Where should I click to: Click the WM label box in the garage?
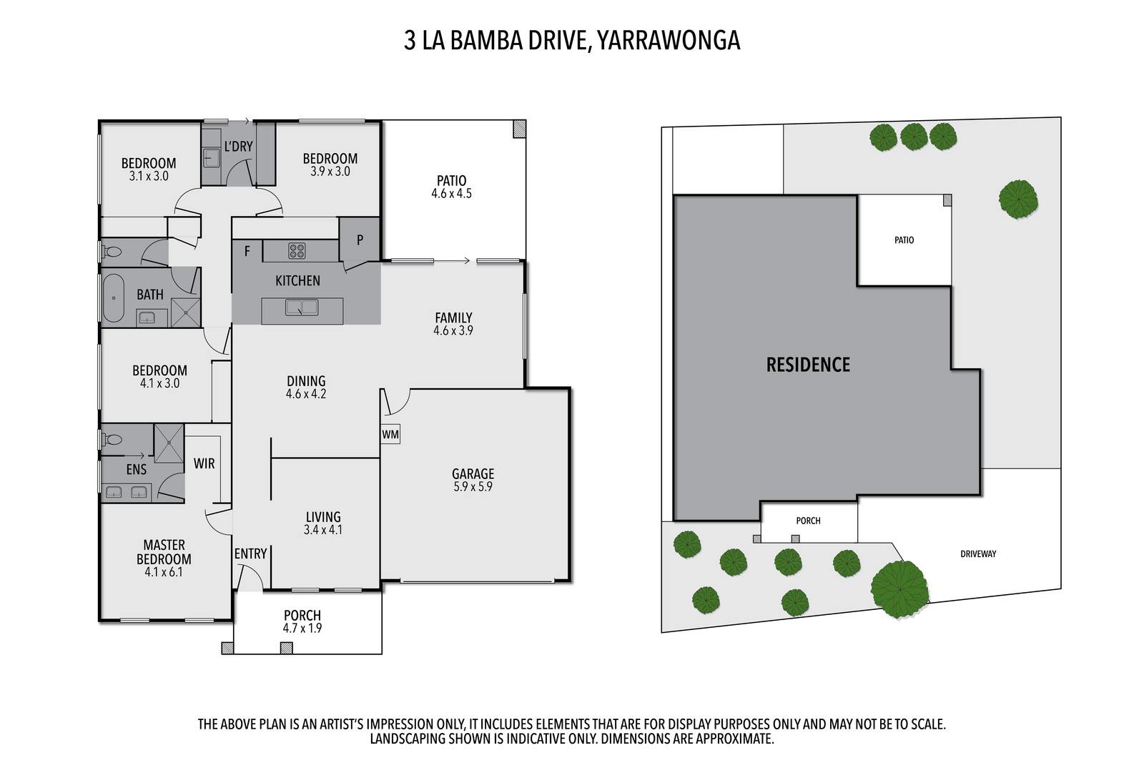[x=390, y=434]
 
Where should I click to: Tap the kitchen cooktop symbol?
[x=297, y=251]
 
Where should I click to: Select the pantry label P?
[x=360, y=240]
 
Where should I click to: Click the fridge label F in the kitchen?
[x=247, y=251]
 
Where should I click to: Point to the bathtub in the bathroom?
[x=114, y=297]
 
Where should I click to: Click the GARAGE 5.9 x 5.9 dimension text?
[x=473, y=487]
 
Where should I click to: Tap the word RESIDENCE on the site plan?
[x=808, y=365]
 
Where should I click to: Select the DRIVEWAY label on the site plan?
[x=978, y=553]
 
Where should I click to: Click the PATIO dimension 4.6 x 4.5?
[x=452, y=194]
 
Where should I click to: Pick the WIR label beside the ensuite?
[x=204, y=464]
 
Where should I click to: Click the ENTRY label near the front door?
[x=250, y=553]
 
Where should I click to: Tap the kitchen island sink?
[x=302, y=307]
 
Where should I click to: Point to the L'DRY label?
[x=238, y=147]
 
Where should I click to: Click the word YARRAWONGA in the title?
[x=669, y=41]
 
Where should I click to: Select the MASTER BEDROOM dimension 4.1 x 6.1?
[x=164, y=572]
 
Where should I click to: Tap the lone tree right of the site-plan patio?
[x=1018, y=199]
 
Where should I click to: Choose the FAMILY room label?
[x=453, y=317]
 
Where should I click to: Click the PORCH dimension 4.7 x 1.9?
[x=302, y=629]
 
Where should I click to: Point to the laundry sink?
[x=211, y=157]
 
